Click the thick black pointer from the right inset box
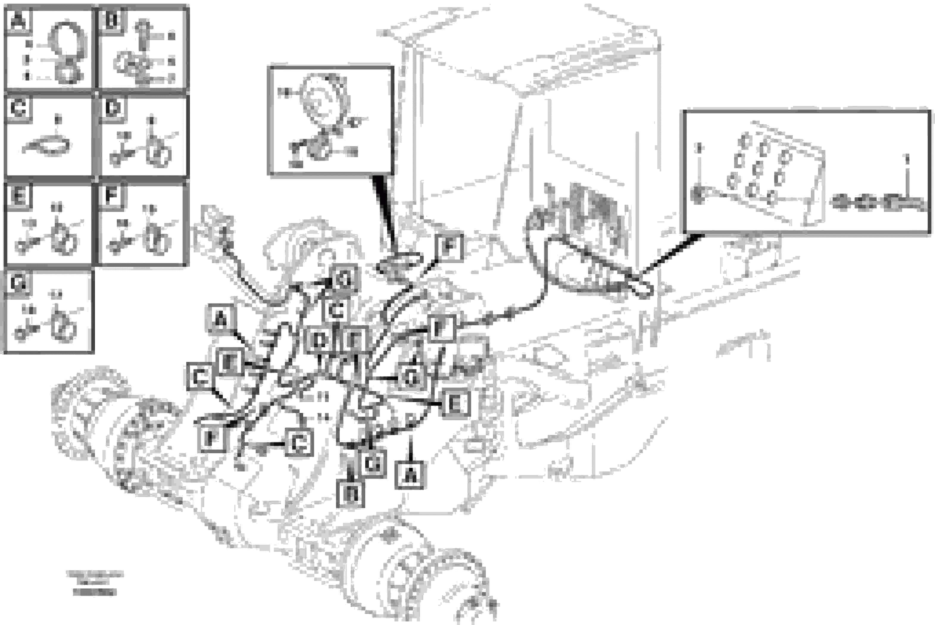pyautogui.click(x=669, y=255)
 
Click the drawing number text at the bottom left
pyautogui.click(x=95, y=584)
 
